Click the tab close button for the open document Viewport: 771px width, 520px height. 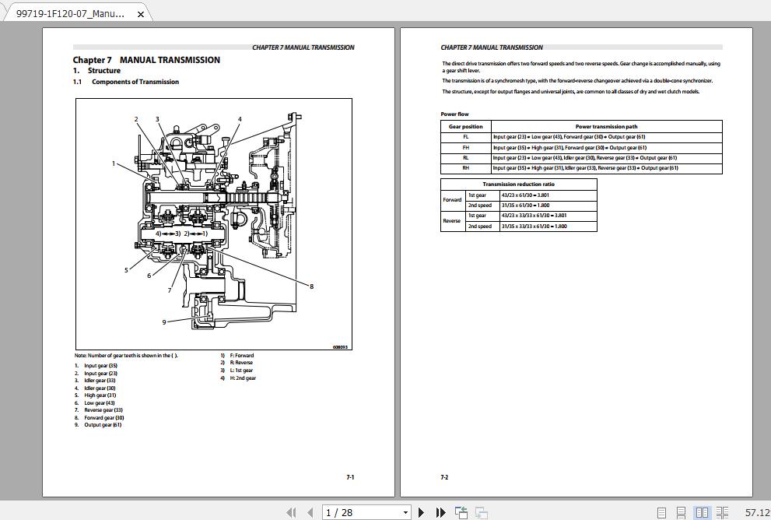140,14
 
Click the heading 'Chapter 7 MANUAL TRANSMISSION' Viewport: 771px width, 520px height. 146,60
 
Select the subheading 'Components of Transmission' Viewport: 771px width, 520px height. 135,82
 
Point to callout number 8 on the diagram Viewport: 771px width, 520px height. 311,286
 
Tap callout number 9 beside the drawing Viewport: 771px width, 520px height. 164,322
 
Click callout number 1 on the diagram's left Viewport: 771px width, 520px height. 114,163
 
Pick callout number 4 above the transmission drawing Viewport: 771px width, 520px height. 240,119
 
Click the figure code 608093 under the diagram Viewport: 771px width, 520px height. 340,347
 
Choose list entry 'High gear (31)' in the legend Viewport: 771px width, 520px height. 100,395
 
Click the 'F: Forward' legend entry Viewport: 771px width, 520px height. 241,356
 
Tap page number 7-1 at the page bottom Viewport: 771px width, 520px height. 350,477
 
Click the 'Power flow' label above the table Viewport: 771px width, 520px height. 455,114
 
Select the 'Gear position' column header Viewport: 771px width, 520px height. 466,126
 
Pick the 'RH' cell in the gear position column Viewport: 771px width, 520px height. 466,168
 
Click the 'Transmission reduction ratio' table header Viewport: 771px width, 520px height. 518,184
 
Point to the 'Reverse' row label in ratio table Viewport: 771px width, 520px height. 452,221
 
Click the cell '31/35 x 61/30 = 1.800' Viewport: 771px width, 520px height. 533,206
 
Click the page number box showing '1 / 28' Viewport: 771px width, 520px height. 366,512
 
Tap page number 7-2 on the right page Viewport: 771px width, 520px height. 444,477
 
